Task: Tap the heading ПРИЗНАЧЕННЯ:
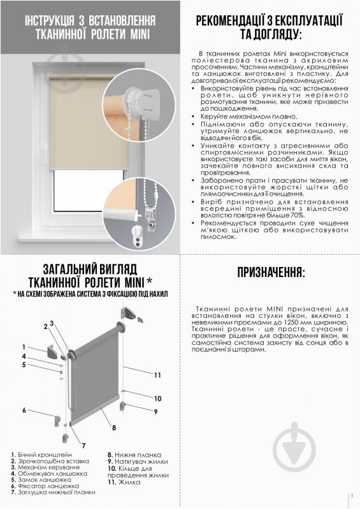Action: (x=271, y=273)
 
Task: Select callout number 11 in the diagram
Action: (x=157, y=375)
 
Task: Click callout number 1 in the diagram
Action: (x=24, y=346)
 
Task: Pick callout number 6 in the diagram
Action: (x=24, y=410)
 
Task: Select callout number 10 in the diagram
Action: (x=157, y=398)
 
